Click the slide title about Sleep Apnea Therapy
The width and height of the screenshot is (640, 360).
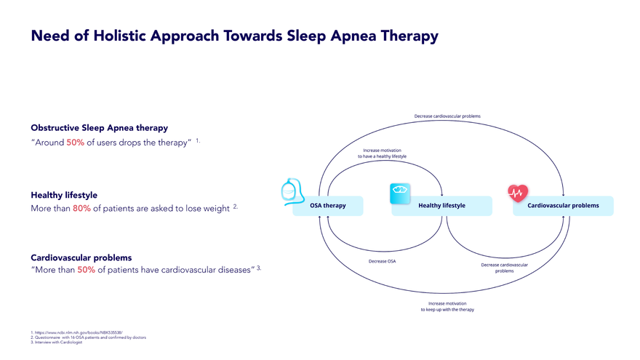[x=234, y=36]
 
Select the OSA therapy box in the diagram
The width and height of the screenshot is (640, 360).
[x=327, y=206]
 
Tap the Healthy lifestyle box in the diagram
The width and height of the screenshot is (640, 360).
[x=441, y=206]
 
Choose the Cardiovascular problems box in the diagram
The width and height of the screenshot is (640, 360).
[x=564, y=206]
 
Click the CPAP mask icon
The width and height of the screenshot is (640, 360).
[x=292, y=191]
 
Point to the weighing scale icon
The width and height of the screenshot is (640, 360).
[x=401, y=190]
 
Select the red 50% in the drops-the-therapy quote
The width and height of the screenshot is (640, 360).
[x=76, y=143]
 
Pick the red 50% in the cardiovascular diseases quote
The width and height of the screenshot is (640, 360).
[x=87, y=271]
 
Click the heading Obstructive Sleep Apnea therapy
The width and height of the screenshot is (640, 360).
[x=99, y=128]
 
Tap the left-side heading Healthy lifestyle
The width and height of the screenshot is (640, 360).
[x=64, y=195]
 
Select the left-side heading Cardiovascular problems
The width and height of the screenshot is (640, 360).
[x=81, y=257]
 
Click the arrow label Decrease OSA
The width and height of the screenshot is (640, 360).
[x=382, y=261]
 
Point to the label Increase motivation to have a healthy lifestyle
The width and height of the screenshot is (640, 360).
[x=382, y=153]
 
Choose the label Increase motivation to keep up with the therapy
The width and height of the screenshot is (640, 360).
[x=447, y=306]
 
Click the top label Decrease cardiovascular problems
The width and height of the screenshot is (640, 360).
[x=447, y=116]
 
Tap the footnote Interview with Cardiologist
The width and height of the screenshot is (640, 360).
[x=57, y=343]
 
